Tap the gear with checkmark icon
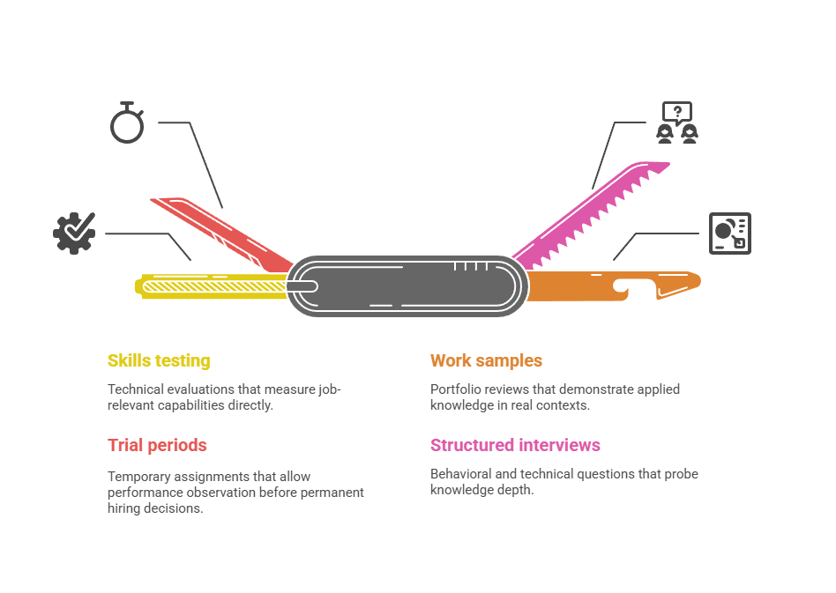pos(74,233)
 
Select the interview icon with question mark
pos(676,123)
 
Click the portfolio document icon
pos(730,233)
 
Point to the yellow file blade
pos(212,285)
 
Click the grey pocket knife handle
pos(406,285)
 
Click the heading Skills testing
pos(159,360)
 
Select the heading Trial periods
pos(157,445)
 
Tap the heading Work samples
pos(486,360)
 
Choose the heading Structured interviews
pos(515,445)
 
